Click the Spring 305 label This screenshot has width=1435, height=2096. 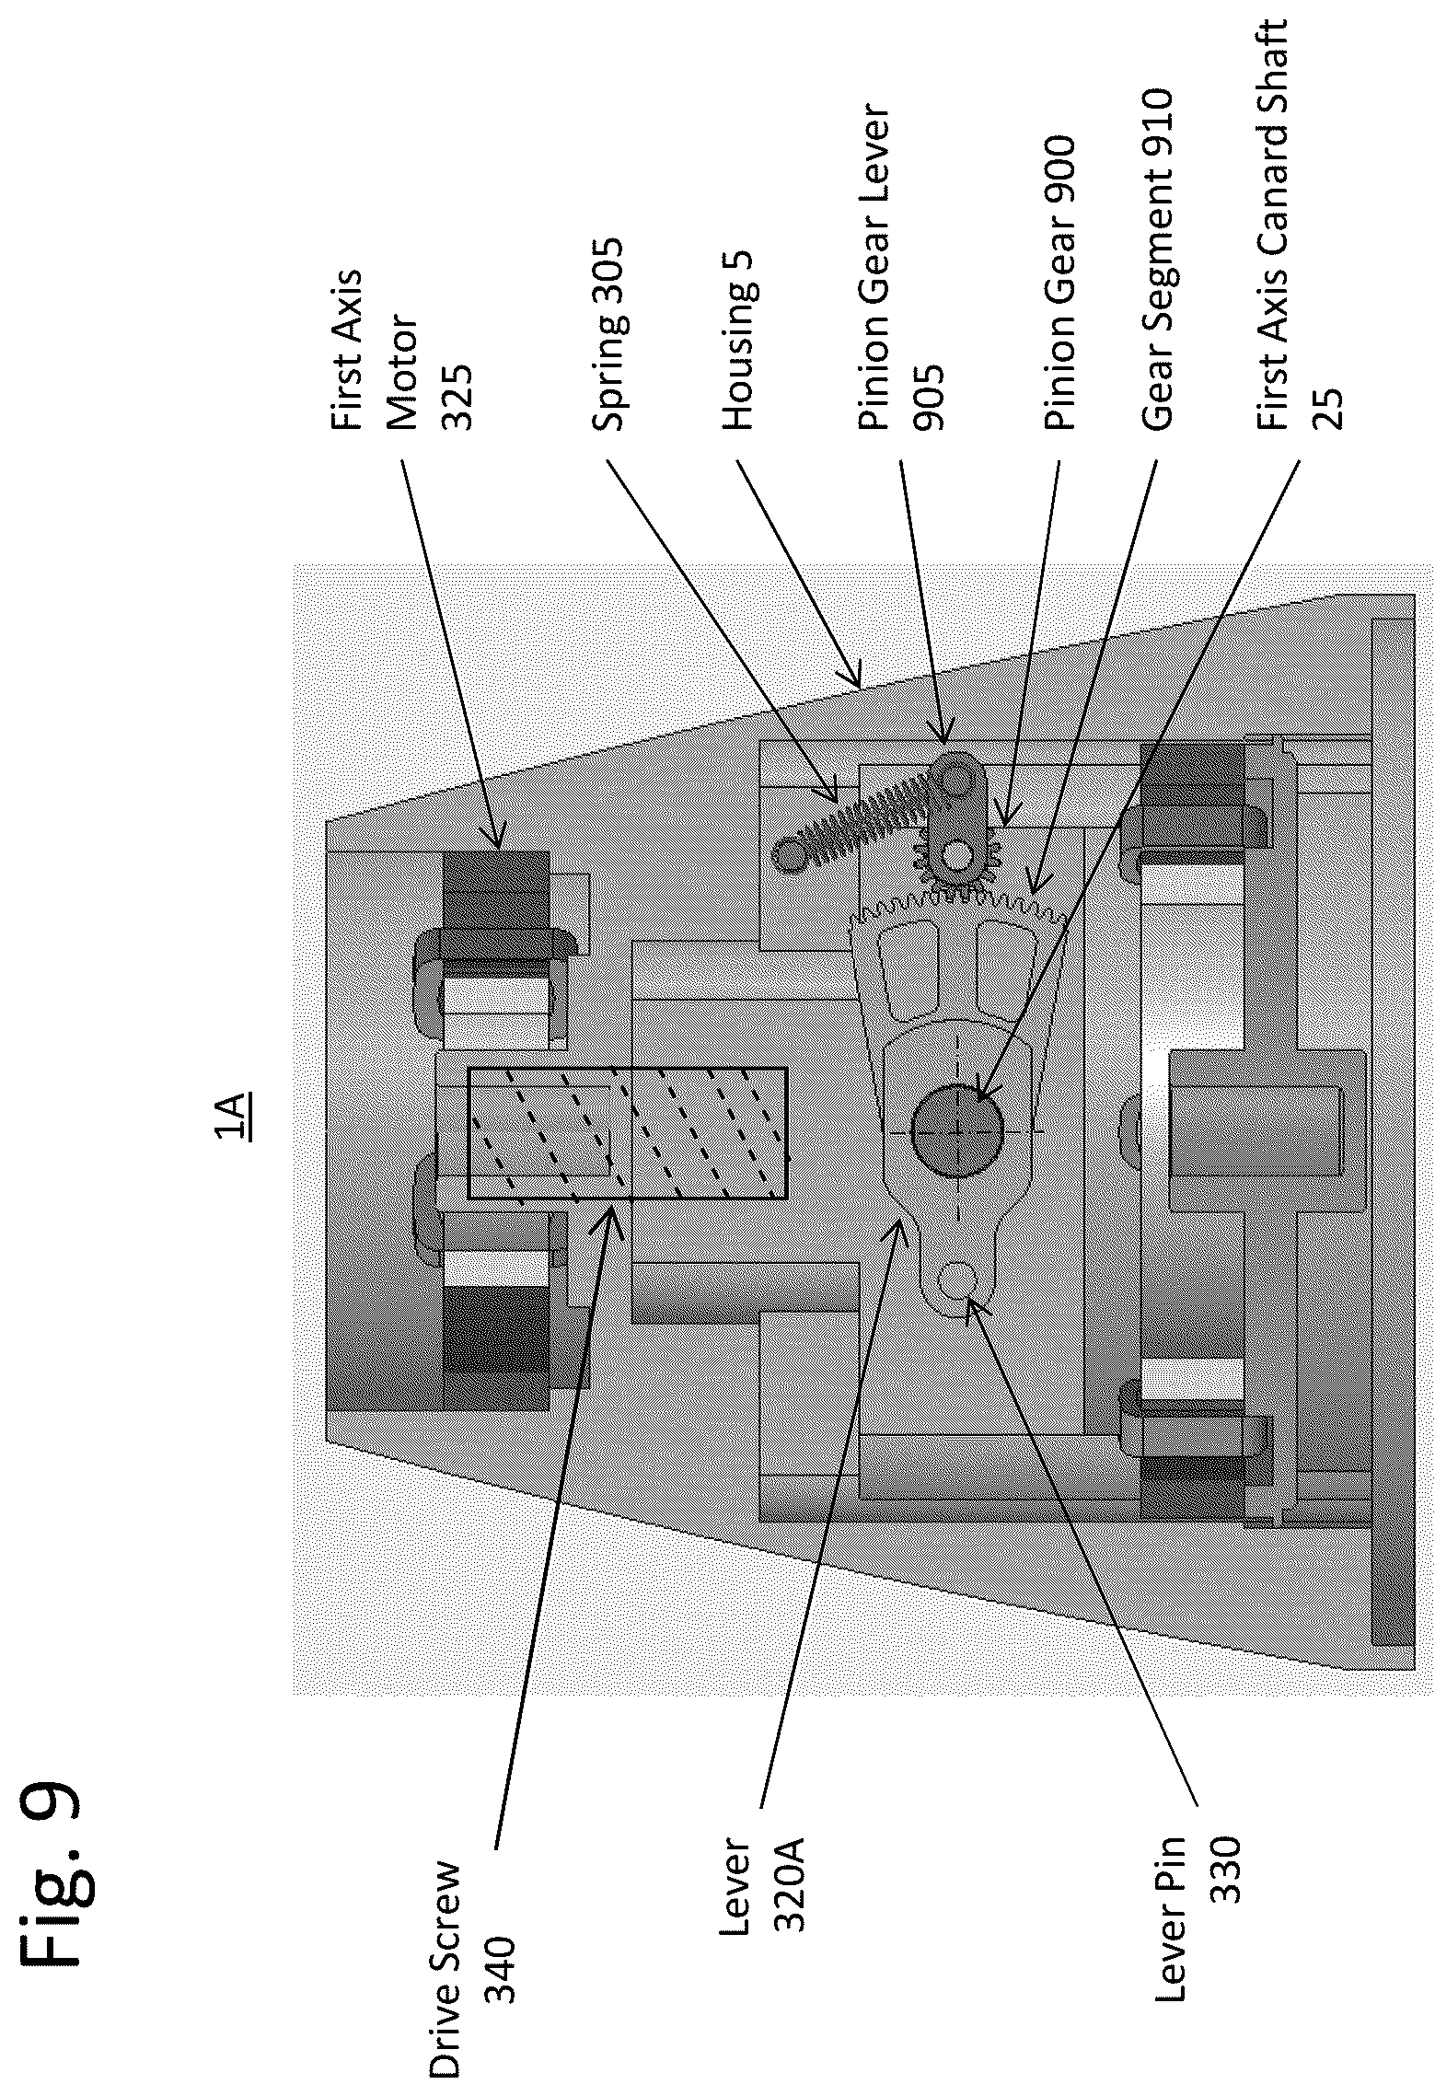coord(608,335)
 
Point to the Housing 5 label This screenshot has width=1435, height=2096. coord(738,353)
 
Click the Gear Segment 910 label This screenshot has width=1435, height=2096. coord(1156,260)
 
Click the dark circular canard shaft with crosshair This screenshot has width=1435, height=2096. coord(957,1130)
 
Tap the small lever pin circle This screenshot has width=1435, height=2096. coord(957,1280)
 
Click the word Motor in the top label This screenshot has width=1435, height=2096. coord(402,373)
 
